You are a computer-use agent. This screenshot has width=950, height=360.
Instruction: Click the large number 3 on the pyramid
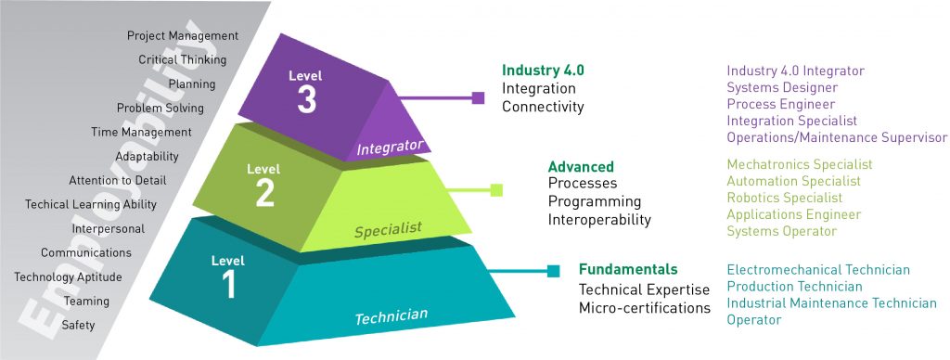307,100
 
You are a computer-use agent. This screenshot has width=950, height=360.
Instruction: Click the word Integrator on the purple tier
390,147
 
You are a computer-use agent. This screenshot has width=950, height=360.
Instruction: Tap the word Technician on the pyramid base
392,316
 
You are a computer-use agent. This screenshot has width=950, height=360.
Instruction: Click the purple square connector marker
479,96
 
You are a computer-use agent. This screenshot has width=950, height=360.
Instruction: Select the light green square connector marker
496,190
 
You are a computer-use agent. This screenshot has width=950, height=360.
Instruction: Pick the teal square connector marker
553,271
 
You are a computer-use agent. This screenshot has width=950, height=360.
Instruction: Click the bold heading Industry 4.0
543,71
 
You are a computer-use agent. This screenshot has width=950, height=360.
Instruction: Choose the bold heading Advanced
581,167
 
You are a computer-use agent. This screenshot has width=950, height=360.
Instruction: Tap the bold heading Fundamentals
628,270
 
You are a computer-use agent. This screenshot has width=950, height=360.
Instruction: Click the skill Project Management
183,36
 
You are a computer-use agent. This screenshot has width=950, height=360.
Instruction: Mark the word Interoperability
599,220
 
